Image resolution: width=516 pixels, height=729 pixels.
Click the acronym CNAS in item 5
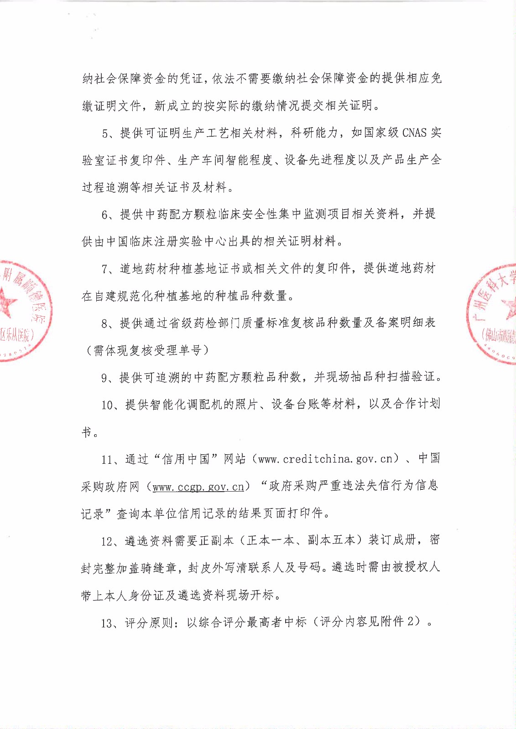click(414, 133)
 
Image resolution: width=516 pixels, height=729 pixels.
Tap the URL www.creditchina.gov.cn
click(325, 459)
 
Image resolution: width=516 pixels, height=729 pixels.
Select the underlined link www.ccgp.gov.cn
click(198, 487)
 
